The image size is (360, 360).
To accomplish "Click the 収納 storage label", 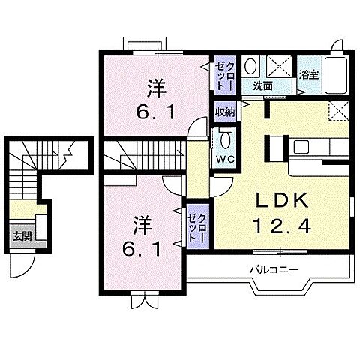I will click(x=223, y=112).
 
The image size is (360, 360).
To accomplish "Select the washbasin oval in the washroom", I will click(x=253, y=65).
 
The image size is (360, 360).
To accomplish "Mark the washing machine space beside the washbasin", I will click(x=278, y=66).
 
